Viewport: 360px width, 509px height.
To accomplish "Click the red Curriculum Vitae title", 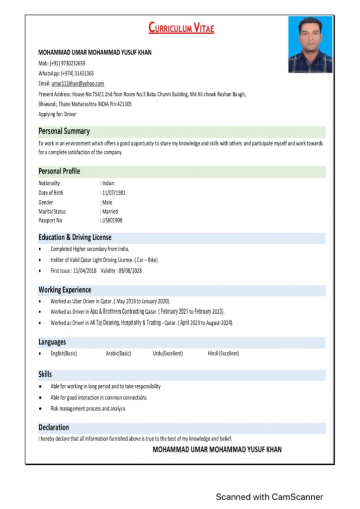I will [x=181, y=28].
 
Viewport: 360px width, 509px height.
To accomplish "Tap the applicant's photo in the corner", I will [x=310, y=45].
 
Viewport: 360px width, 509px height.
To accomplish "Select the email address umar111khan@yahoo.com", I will [x=78, y=84].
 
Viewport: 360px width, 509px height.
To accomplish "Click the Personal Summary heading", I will [x=64, y=131].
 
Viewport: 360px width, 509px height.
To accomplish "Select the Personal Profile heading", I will [x=59, y=171].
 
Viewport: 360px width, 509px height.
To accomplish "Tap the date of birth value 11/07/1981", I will [x=114, y=192].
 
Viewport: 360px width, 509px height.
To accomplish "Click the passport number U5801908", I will [x=112, y=220].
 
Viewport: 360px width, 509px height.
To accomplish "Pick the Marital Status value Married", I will [x=110, y=211].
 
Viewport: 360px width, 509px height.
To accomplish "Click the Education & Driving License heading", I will [x=75, y=238].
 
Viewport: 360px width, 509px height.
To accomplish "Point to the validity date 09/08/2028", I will [x=130, y=271].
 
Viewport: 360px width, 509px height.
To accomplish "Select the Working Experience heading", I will [x=65, y=290].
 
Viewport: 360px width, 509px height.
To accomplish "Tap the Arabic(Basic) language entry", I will [x=118, y=353].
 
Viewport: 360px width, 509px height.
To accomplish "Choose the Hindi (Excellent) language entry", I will [x=223, y=353].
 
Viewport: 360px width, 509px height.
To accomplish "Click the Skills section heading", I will [x=45, y=374].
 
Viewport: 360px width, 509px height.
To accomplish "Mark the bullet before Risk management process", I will [x=40, y=409].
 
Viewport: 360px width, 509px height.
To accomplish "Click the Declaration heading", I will [x=54, y=427].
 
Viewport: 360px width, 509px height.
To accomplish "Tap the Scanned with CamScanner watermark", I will [x=269, y=497].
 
